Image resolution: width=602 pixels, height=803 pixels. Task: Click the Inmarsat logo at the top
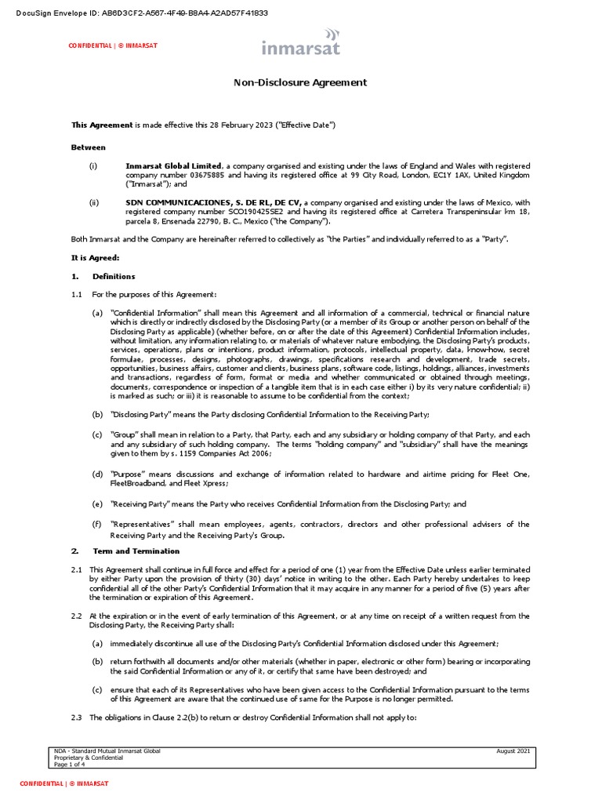[301, 43]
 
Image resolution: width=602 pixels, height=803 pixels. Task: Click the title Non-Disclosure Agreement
[301, 82]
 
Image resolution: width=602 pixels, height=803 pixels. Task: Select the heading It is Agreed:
[95, 257]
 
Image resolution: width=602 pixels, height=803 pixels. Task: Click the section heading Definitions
[114, 276]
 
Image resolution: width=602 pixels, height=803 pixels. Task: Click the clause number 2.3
[77, 718]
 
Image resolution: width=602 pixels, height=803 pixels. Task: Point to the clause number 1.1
[77, 294]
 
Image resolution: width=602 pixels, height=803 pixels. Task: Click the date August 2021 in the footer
[513, 751]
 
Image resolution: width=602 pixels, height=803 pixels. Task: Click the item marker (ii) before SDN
[94, 202]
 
